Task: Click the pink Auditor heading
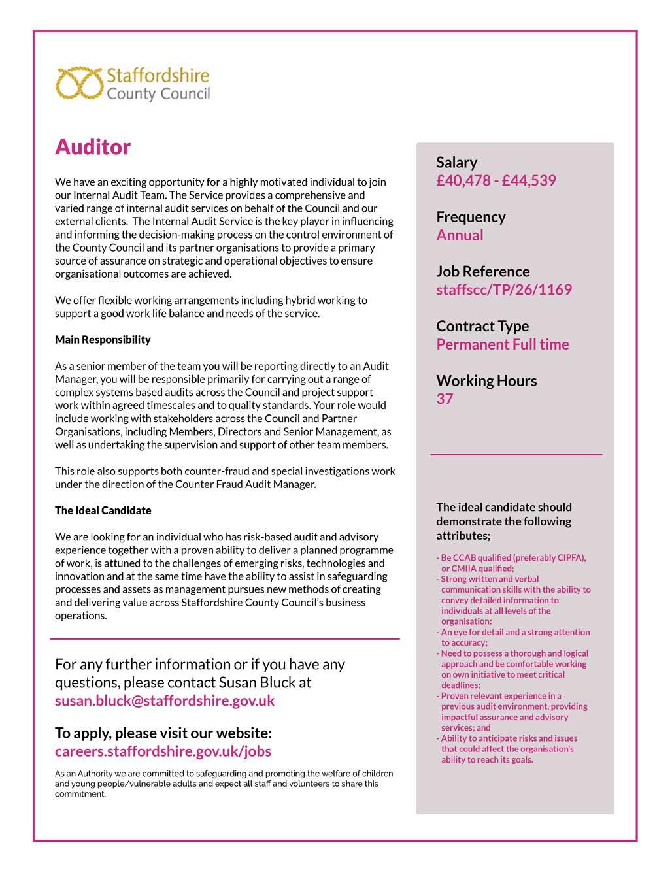point(93,147)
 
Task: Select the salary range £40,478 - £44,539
point(496,180)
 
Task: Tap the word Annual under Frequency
point(460,235)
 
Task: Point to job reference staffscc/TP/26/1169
point(504,289)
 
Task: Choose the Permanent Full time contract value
point(503,344)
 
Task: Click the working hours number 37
point(445,399)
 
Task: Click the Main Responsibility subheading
point(103,340)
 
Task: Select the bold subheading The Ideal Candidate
point(103,510)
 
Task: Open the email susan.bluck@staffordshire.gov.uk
point(165,701)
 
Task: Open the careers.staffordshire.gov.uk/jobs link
point(163,751)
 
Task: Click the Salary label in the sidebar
point(457,162)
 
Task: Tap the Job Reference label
point(483,271)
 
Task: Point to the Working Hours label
point(486,380)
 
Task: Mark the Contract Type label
point(482,326)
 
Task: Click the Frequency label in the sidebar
point(471,217)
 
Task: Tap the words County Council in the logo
point(158,94)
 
